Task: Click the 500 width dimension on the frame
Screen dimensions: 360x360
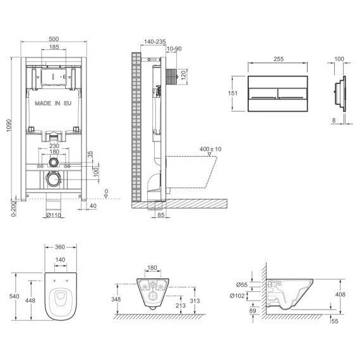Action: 54,39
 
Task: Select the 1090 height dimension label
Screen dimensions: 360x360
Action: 9,125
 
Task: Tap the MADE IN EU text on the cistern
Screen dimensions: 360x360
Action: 53,104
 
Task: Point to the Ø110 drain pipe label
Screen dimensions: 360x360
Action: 54,215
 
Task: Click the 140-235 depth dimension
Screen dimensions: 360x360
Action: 155,42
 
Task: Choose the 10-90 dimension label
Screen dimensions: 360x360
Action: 174,49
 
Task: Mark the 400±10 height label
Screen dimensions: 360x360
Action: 210,149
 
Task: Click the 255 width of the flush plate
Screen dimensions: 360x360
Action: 279,59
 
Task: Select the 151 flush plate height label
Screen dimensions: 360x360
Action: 232,93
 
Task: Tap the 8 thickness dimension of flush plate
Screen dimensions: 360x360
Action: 334,120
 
